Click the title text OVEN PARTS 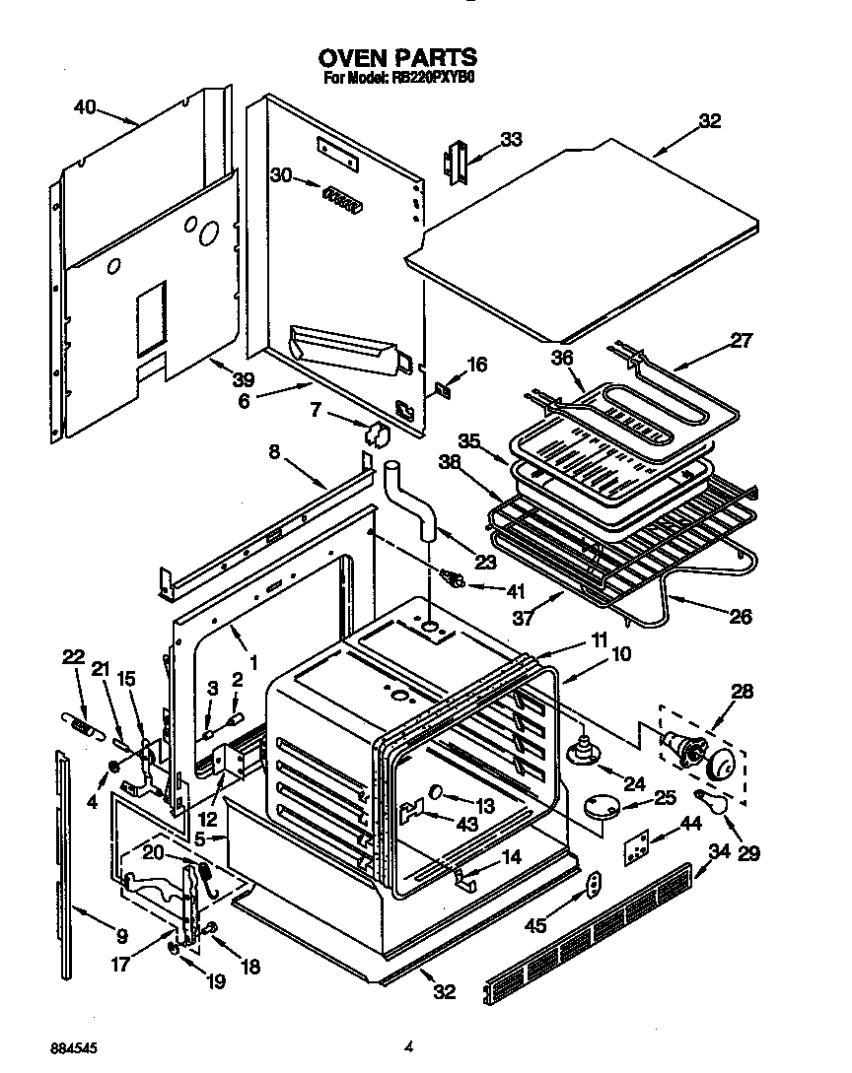397,57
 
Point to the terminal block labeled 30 338,198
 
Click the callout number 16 476,365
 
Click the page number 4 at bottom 407,1046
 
